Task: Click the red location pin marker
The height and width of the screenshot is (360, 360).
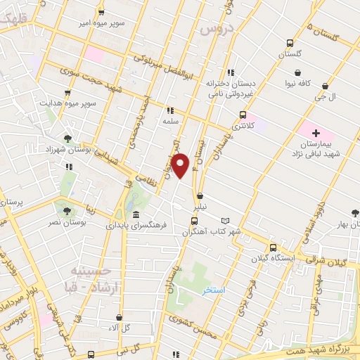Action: click(x=181, y=166)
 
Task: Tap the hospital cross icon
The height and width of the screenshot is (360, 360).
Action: click(x=316, y=132)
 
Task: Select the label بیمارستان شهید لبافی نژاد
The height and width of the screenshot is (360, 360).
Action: click(x=316, y=148)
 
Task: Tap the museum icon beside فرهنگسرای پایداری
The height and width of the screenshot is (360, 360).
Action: click(x=135, y=214)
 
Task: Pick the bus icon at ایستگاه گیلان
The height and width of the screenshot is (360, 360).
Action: click(x=272, y=247)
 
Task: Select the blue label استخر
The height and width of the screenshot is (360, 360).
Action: click(x=211, y=290)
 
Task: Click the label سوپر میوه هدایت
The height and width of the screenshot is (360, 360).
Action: click(x=67, y=103)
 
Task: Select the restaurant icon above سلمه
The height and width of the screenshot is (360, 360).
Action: click(x=169, y=110)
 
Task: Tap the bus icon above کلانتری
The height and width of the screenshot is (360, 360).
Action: click(x=243, y=115)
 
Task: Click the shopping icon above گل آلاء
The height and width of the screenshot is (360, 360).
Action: click(x=118, y=317)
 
